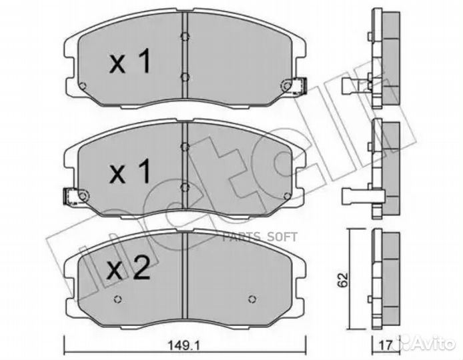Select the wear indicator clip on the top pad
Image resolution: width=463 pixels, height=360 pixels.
[x=294, y=85]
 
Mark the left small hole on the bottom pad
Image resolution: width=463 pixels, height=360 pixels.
[x=118, y=298]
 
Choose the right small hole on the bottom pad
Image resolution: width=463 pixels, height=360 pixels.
[x=252, y=298]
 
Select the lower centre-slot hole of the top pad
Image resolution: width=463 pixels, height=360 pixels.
[x=183, y=77]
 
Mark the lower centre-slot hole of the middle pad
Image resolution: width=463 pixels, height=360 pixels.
[x=183, y=189]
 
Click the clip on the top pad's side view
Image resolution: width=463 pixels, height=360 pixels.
[x=356, y=85]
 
